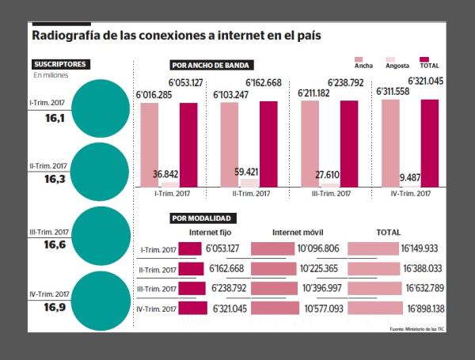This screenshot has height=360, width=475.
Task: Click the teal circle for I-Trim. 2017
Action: coord(99,107)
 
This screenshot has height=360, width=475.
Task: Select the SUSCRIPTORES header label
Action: coord(60,63)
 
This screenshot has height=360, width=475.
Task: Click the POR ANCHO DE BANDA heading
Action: coord(210,65)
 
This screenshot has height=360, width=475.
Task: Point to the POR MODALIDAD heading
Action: coord(202,218)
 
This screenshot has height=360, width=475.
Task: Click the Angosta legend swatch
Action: coord(389,59)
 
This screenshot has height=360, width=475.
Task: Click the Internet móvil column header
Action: coord(297,233)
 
